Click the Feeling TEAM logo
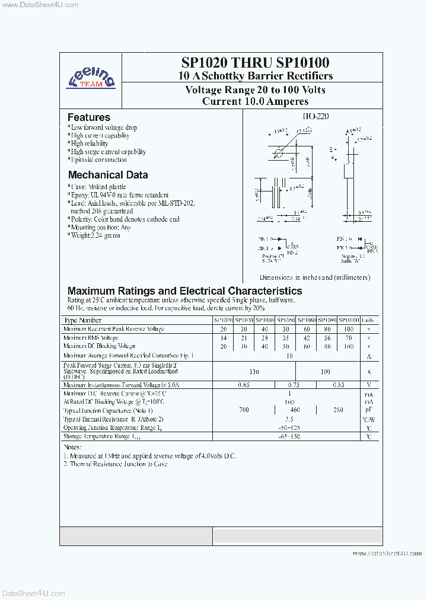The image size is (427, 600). click(x=91, y=76)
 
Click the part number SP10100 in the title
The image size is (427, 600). click(x=302, y=63)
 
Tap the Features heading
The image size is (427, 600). click(x=88, y=117)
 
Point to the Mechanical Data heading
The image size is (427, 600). click(x=107, y=175)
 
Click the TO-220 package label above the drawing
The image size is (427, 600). click(x=315, y=117)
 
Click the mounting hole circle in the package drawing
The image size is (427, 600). click(x=278, y=154)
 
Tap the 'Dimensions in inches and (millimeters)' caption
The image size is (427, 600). click(x=314, y=277)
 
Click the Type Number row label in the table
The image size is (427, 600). click(x=82, y=320)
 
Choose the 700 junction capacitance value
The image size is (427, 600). click(x=244, y=410)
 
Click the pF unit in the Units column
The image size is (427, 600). click(x=368, y=410)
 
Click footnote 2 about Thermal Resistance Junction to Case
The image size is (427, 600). click(x=116, y=464)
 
